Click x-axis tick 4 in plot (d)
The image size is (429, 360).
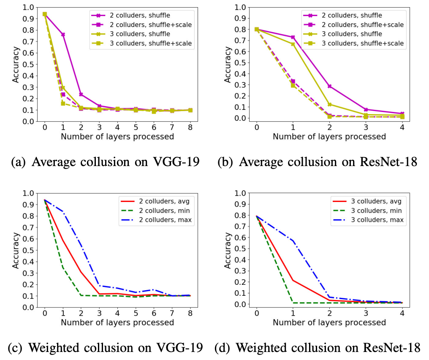[x=402, y=314]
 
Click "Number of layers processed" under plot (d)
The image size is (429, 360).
[x=329, y=322]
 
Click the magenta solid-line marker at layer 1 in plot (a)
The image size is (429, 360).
[x=63, y=35]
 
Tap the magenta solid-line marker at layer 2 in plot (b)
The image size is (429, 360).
[x=329, y=86]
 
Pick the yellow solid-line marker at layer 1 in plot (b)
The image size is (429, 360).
[x=293, y=44]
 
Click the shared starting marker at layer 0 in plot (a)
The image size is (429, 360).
[x=44, y=14]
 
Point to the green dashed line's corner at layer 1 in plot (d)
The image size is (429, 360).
[x=293, y=303]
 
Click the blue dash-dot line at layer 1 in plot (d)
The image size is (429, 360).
[x=293, y=241]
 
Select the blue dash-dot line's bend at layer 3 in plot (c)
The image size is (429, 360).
[x=99, y=286]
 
